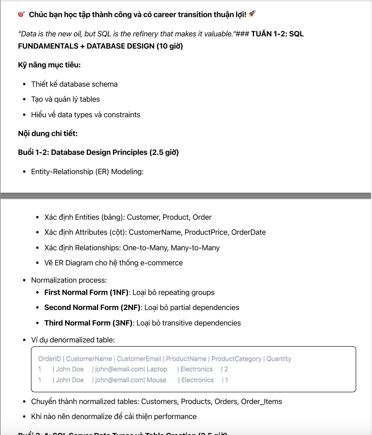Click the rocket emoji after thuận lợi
point(252,14)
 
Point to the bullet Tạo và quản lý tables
point(65,99)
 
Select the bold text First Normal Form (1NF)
point(86,292)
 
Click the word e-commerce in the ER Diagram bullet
point(162,263)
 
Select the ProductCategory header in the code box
point(236,359)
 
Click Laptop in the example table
point(157,369)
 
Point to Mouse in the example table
point(156,380)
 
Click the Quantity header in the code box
point(279,359)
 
